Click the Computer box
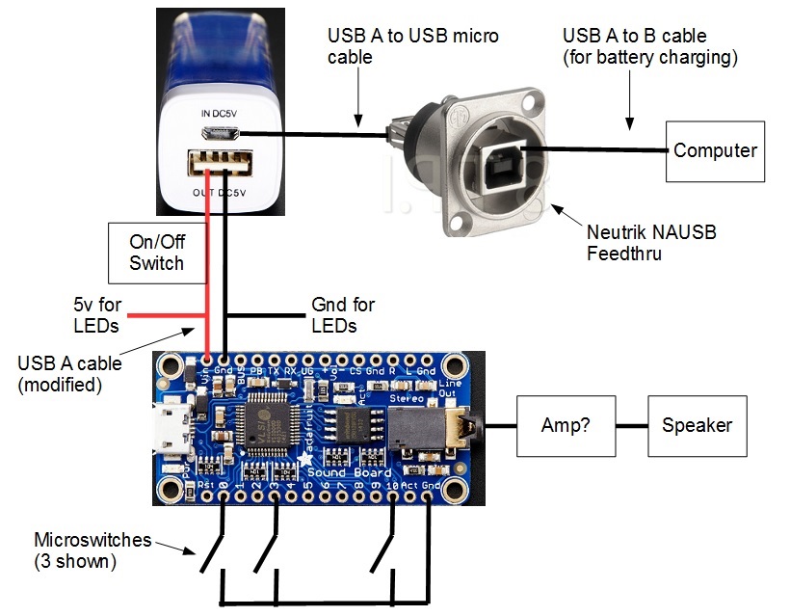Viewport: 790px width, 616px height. pos(714,150)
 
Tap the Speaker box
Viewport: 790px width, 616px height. pos(697,425)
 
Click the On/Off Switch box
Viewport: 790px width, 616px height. pos(155,252)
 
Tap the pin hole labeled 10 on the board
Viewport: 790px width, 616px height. pos(392,497)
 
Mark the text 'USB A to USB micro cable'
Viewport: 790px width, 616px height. pos(412,46)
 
